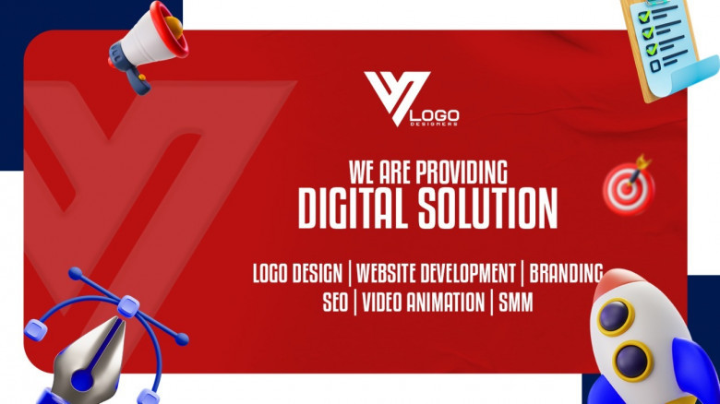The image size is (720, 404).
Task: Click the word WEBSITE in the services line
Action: tap(388, 273)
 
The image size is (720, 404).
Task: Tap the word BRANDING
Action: tap(566, 273)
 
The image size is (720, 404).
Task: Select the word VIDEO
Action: tap(385, 303)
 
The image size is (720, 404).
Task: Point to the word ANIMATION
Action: tap(448, 303)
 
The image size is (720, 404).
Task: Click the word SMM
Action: tap(515, 303)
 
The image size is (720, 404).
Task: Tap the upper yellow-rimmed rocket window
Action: tap(616, 316)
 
